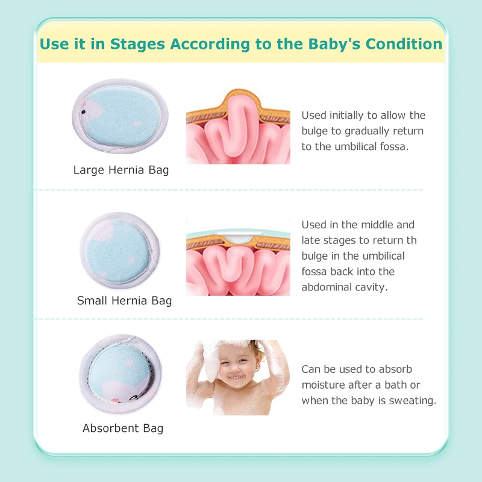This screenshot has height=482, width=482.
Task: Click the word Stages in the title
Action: pyautogui.click(x=137, y=44)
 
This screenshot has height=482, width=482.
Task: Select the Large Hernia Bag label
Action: pyautogui.click(x=121, y=170)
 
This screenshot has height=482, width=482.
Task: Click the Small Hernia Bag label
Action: pyautogui.click(x=124, y=301)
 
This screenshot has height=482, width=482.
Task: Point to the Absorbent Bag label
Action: pyautogui.click(x=123, y=428)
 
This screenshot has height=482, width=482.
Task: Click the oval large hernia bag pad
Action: pyautogui.click(x=120, y=116)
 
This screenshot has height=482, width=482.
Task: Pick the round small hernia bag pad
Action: pyautogui.click(x=119, y=251)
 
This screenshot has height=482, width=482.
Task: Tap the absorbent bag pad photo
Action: pyautogui.click(x=120, y=374)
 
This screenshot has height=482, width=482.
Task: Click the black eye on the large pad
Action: pyautogui.click(x=83, y=112)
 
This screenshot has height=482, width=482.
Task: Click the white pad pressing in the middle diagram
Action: pyautogui.click(x=238, y=237)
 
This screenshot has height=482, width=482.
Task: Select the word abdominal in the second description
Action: pyautogui.click(x=327, y=287)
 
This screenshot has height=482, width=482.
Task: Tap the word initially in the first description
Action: pyautogui.click(x=346, y=116)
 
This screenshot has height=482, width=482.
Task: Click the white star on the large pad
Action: pyautogui.click(x=137, y=124)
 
